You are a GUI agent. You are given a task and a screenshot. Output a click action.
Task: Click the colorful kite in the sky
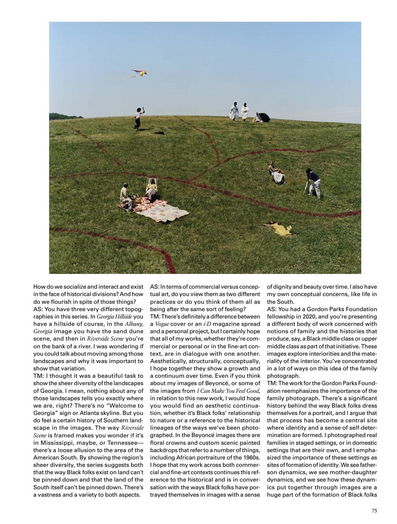(140, 73)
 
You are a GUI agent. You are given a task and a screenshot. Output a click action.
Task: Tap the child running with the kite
(139, 119)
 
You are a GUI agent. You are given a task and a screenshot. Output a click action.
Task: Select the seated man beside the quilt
(126, 196)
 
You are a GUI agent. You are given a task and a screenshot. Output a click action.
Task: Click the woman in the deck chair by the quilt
(152, 189)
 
